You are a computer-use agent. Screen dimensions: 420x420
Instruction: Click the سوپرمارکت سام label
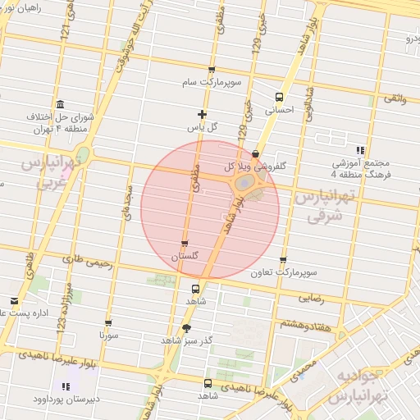[212, 84]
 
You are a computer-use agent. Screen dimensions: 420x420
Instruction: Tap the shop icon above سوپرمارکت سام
[212, 71]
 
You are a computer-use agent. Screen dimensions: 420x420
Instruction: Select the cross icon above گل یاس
[203, 114]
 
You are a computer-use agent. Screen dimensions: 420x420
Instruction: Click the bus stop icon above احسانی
[281, 95]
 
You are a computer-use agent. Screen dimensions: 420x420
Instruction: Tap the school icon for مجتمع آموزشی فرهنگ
[359, 150]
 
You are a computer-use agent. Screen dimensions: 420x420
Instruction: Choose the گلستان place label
[184, 257]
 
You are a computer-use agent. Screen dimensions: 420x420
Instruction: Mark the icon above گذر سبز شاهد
[185, 328]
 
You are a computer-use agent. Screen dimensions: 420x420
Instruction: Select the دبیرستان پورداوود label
[66, 400]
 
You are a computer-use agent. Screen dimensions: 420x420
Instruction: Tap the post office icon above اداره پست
[14, 301]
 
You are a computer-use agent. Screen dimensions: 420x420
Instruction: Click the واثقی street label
[394, 98]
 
